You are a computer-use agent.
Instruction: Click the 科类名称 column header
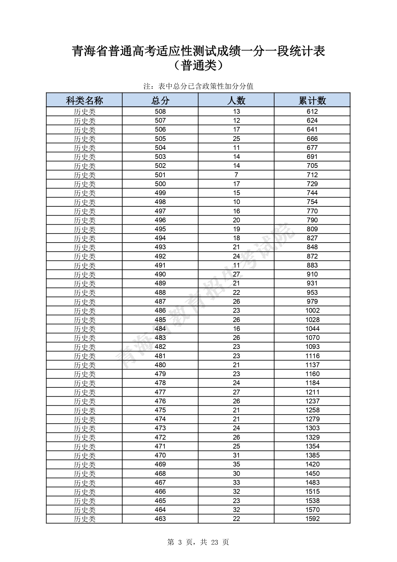[84, 100]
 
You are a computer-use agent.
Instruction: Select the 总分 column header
[160, 100]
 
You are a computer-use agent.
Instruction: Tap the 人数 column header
[236, 100]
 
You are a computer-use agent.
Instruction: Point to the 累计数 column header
[312, 100]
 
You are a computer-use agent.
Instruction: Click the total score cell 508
[160, 112]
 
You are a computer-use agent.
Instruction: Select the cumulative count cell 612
[312, 112]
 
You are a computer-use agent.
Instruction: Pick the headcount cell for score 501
[236, 175]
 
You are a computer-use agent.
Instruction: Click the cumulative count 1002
[312, 310]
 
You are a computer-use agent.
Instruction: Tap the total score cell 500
[160, 184]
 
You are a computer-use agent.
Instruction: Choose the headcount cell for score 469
[236, 464]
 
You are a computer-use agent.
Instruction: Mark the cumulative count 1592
[312, 518]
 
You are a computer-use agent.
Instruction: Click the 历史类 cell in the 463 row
[84, 519]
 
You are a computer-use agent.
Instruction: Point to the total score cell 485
[160, 319]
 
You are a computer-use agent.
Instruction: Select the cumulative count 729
[312, 184]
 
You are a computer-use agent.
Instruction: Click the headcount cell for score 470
[236, 455]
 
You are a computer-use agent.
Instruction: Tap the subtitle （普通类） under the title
[198, 66]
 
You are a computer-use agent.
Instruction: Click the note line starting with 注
[198, 86]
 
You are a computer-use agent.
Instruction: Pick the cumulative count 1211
[312, 392]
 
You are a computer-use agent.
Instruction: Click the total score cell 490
[160, 274]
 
